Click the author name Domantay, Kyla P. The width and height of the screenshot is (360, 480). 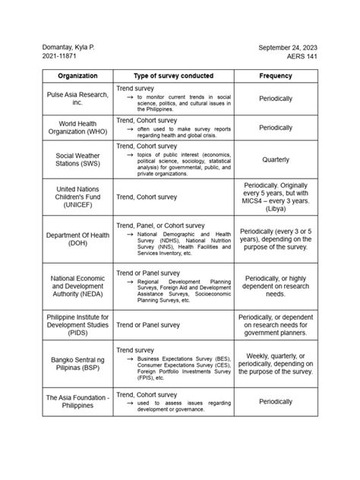pyautogui.click(x=68, y=48)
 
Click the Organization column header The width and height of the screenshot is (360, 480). pyautogui.click(x=77, y=76)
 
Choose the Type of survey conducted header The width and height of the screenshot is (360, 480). pyautogui.click(x=173, y=76)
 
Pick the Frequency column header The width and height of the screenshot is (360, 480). pyautogui.click(x=276, y=76)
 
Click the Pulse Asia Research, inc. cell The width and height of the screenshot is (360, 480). pyautogui.click(x=77, y=98)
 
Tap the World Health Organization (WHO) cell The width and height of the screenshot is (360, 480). pyautogui.click(x=77, y=128)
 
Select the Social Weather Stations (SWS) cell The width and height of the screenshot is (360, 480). pyautogui.click(x=77, y=159)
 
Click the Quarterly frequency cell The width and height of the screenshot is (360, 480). pyautogui.click(x=276, y=160)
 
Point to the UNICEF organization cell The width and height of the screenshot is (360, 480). pyautogui.click(x=77, y=197)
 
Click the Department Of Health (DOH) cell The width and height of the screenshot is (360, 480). pyautogui.click(x=77, y=239)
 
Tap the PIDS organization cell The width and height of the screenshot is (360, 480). pyautogui.click(x=77, y=324)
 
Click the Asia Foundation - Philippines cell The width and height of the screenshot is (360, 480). pyautogui.click(x=77, y=401)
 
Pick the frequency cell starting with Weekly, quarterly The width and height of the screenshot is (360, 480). pyautogui.click(x=276, y=363)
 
